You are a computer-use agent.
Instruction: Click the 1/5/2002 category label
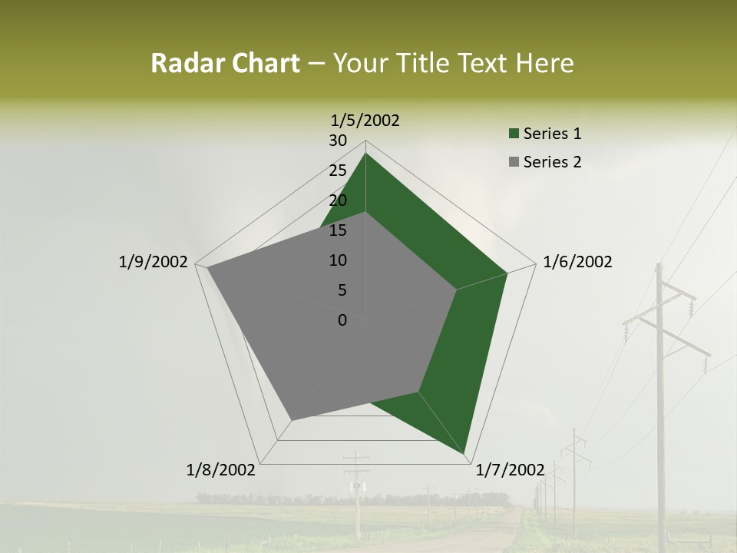[365, 120]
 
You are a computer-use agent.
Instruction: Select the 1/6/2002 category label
[577, 262]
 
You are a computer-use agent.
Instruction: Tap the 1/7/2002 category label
[511, 469]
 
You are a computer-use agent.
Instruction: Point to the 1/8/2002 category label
[221, 469]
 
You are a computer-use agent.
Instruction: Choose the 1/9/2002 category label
[154, 262]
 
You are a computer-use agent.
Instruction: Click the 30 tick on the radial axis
[338, 141]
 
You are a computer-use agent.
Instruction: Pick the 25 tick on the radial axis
[338, 171]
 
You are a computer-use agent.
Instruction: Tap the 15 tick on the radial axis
[338, 230]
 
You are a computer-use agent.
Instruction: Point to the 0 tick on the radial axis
[342, 320]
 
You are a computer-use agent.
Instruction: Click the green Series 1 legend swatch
[514, 134]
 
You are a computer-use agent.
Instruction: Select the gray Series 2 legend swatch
[514, 162]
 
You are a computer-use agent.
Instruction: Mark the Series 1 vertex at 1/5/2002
[365, 153]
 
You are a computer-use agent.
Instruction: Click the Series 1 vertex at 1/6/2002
[507, 273]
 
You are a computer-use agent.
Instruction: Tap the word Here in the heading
[545, 63]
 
